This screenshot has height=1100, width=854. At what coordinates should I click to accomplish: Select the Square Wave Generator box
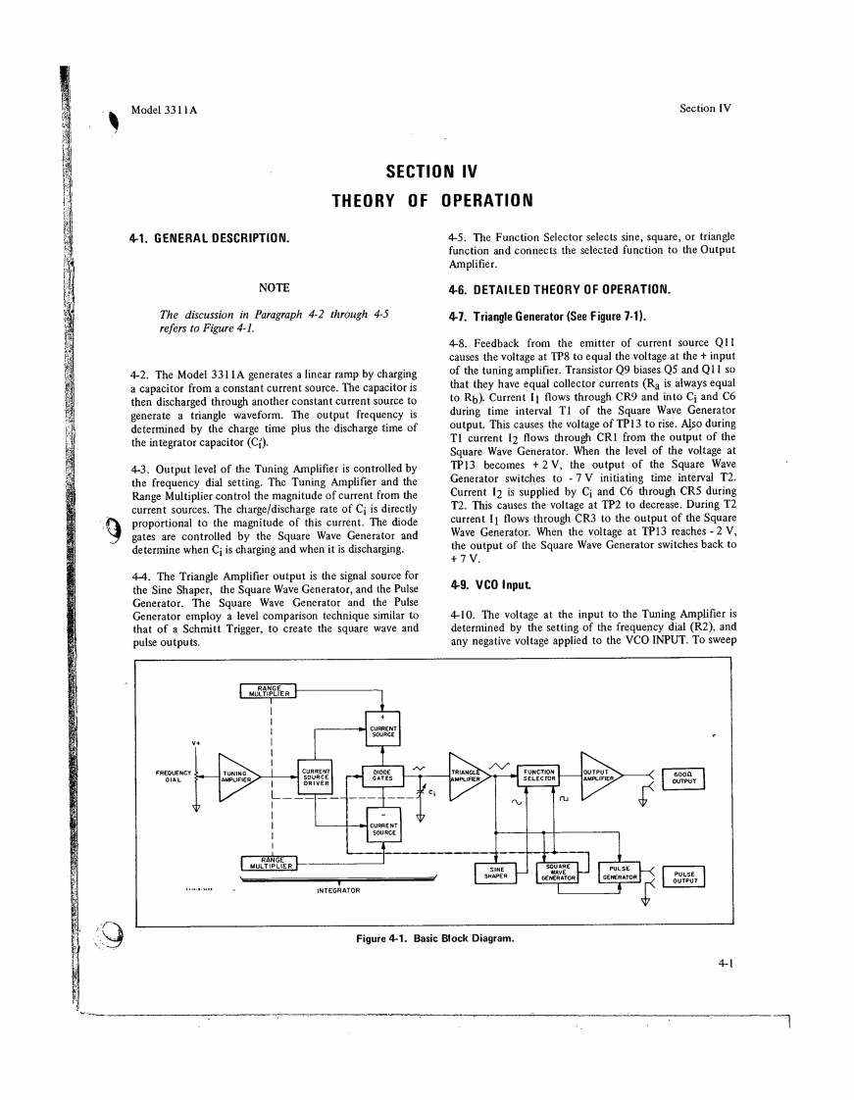[x=557, y=873]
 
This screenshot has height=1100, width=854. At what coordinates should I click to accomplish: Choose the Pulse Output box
[x=684, y=876]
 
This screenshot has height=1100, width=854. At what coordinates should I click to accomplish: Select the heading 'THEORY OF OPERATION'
[x=431, y=202]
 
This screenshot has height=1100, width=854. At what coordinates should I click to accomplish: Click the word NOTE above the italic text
[x=274, y=287]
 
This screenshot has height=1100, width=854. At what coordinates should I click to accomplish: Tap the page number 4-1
[x=727, y=964]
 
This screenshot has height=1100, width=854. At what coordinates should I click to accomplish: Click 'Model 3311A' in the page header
[x=164, y=109]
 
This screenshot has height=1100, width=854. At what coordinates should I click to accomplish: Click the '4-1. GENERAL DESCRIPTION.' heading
[x=209, y=238]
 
